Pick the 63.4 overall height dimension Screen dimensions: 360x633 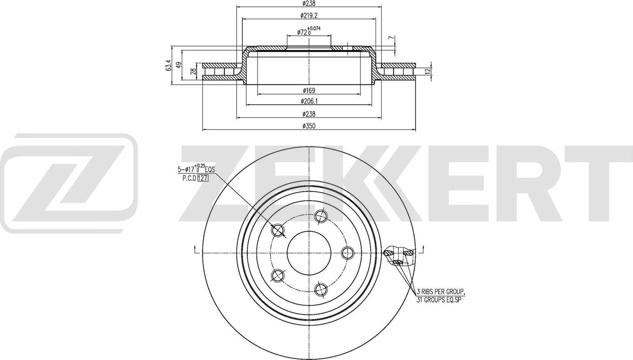[x=168, y=65]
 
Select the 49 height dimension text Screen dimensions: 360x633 [x=179, y=65]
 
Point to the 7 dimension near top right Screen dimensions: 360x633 [x=391, y=38]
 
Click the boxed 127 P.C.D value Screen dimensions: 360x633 [x=203, y=178]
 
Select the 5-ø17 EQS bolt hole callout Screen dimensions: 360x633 [x=196, y=169]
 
